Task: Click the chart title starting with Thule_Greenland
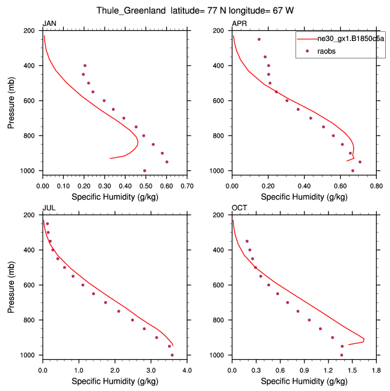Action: (x=195, y=11)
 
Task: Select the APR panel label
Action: (x=239, y=23)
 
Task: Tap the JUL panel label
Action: (x=48, y=208)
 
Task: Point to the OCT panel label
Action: (x=239, y=208)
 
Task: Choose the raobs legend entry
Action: (x=327, y=51)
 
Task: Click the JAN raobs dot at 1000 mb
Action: (x=144, y=170)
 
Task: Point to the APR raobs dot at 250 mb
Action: (x=259, y=39)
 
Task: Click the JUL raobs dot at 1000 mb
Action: (x=172, y=355)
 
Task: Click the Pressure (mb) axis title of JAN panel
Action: (x=11, y=101)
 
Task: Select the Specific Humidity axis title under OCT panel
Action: (x=304, y=381)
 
